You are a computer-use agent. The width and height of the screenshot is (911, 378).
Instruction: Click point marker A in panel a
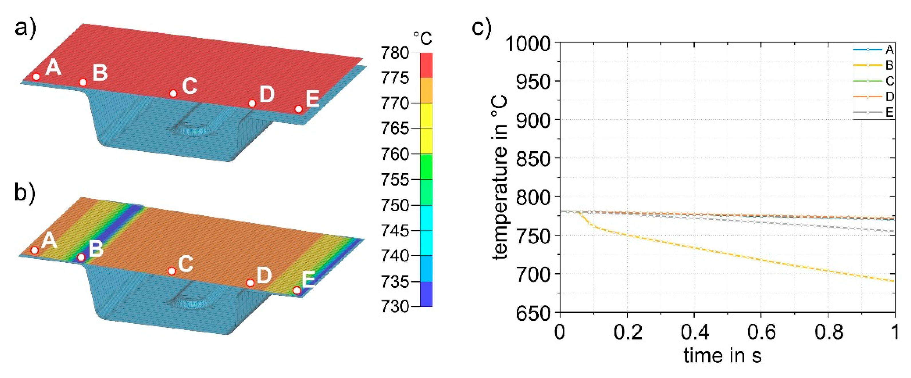point(36,76)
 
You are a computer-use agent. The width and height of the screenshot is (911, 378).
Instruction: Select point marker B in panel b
point(81,257)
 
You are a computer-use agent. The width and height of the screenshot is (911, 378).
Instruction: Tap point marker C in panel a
point(173,93)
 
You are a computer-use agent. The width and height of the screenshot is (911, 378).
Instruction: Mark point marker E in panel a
point(299,109)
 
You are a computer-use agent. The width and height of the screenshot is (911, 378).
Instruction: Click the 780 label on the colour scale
point(395,53)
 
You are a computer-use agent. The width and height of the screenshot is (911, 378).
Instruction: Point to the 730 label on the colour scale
point(395,306)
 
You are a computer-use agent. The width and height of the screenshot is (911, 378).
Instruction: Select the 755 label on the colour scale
point(395,180)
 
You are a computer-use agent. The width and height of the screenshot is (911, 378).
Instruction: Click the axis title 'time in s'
point(722,356)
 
